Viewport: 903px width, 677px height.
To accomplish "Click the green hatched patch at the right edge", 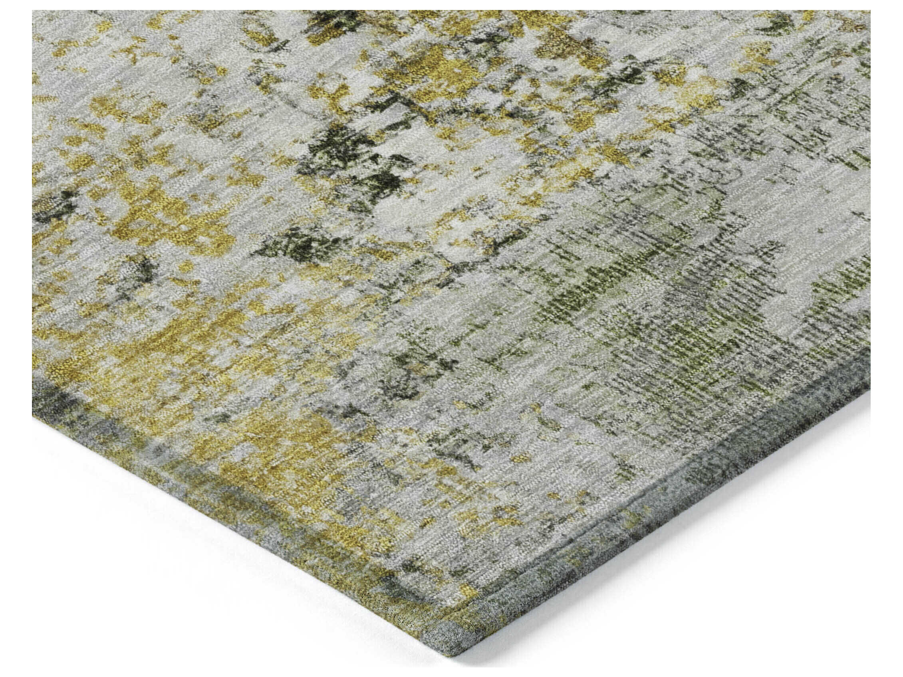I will pos(849,286).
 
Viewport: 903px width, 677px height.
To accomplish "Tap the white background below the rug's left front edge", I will pos(163,571).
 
